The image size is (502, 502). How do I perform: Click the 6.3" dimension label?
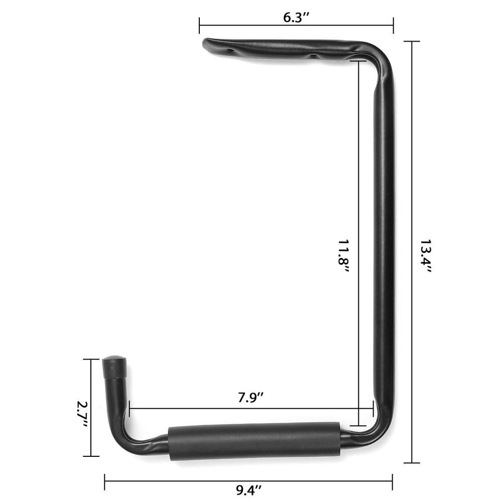point(296,18)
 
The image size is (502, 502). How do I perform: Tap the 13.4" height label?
point(426,256)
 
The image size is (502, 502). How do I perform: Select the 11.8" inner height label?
point(343,257)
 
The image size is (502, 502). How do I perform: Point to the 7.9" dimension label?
point(250,398)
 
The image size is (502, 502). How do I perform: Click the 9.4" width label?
point(249,490)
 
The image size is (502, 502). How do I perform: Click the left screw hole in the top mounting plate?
point(229,51)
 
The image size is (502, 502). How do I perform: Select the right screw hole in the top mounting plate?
point(312,56)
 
